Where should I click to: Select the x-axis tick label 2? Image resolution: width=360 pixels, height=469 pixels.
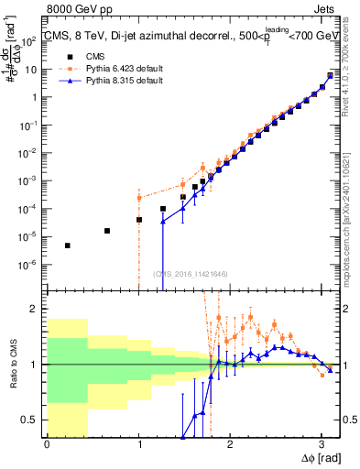pos(230,443)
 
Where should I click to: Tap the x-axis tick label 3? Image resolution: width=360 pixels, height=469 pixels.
pos(322,443)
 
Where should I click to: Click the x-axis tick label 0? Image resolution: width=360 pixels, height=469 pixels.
pos(47,443)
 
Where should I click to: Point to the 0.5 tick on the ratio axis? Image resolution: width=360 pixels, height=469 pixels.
pos(33,420)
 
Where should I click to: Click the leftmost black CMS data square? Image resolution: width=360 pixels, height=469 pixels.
pos(68,245)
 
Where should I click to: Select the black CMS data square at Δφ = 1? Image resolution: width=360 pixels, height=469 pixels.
pos(139,220)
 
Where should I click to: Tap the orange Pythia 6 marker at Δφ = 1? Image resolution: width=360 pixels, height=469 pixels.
pos(139,198)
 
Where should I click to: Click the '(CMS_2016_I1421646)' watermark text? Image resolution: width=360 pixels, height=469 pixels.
pos(191,273)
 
